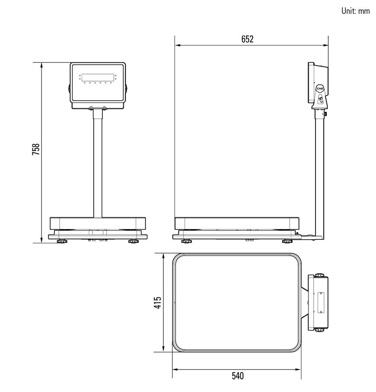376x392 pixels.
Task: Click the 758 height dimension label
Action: tap(36, 149)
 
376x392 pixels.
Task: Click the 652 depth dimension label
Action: tap(247, 39)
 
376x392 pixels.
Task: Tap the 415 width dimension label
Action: tap(158, 303)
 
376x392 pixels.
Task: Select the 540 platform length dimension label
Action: tap(238, 376)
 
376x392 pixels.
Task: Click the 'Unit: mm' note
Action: tap(356, 11)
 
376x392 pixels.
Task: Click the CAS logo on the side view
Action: tap(320, 89)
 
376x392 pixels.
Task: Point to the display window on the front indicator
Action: tap(98, 77)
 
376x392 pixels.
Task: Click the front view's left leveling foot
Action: tap(62, 241)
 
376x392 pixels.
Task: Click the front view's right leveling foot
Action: tap(134, 241)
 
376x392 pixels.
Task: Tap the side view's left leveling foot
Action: tap(187, 241)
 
